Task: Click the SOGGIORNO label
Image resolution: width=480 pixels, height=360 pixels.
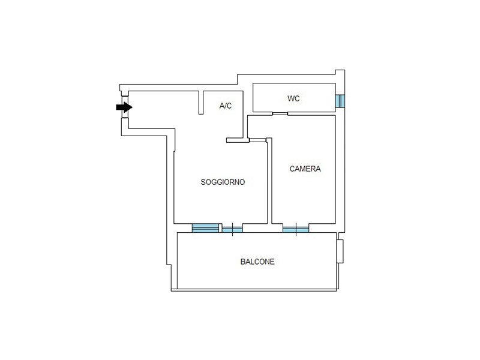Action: (x=223, y=182)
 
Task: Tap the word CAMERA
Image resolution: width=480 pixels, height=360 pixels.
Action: (x=305, y=169)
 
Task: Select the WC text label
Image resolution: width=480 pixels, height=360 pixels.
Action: (x=293, y=98)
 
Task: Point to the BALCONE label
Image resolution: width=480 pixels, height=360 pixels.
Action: (x=257, y=262)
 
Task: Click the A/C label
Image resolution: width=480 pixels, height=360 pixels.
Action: (x=226, y=106)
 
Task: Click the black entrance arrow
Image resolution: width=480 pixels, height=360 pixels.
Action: (x=124, y=107)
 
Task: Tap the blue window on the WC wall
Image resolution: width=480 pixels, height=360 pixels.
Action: (x=340, y=101)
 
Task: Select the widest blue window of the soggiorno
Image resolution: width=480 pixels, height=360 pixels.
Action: (x=205, y=228)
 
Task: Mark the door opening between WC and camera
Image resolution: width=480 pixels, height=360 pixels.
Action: (x=280, y=113)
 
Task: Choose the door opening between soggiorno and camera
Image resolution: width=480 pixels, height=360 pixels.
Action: (x=258, y=140)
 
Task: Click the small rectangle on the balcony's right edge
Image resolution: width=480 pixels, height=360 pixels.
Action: (x=340, y=251)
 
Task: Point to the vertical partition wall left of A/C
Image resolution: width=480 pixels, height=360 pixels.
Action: (x=201, y=103)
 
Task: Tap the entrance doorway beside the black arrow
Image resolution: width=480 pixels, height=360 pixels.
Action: (x=125, y=107)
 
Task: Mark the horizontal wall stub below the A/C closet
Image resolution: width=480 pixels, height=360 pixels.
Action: (x=237, y=140)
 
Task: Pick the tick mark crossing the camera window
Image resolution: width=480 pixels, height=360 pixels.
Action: (x=296, y=229)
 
